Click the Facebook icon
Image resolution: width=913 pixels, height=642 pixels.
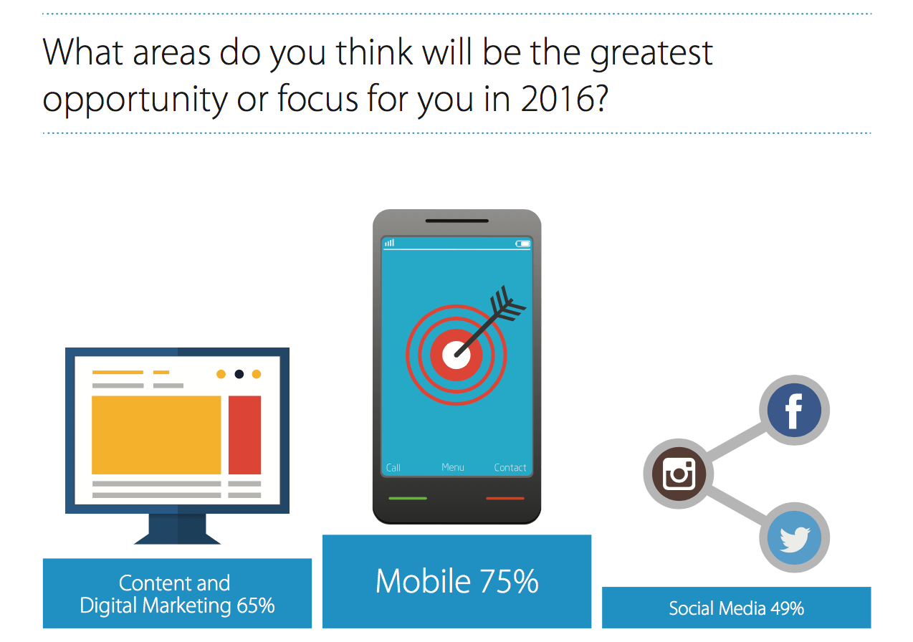[x=794, y=410]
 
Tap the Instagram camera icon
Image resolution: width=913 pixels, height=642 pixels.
[x=678, y=474]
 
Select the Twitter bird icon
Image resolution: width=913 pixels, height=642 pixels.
[x=794, y=537]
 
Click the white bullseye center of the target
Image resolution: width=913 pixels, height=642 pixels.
[x=456, y=355]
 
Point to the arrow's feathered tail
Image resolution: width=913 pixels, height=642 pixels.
[x=508, y=304]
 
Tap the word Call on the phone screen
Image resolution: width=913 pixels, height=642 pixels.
[x=393, y=468]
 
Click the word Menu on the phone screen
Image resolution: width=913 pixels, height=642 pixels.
[x=452, y=467]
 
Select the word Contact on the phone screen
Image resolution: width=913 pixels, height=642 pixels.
[x=510, y=468]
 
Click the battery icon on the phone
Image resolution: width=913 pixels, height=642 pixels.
[x=522, y=244]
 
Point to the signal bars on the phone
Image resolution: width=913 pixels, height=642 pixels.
[x=390, y=243]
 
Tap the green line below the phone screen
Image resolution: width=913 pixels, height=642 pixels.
[x=408, y=498]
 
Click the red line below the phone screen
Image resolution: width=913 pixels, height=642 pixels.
[x=505, y=498]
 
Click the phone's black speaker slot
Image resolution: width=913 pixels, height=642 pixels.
[x=456, y=221]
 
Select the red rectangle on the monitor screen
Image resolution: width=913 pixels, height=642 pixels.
[x=244, y=435]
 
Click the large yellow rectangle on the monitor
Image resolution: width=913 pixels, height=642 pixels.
[x=156, y=435]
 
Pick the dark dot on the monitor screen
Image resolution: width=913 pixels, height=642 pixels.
[x=239, y=374]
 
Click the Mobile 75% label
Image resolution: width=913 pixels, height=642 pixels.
[x=457, y=581]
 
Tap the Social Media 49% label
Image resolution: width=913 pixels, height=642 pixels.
[x=736, y=608]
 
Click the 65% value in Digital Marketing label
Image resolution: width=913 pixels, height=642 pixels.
[x=256, y=605]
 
